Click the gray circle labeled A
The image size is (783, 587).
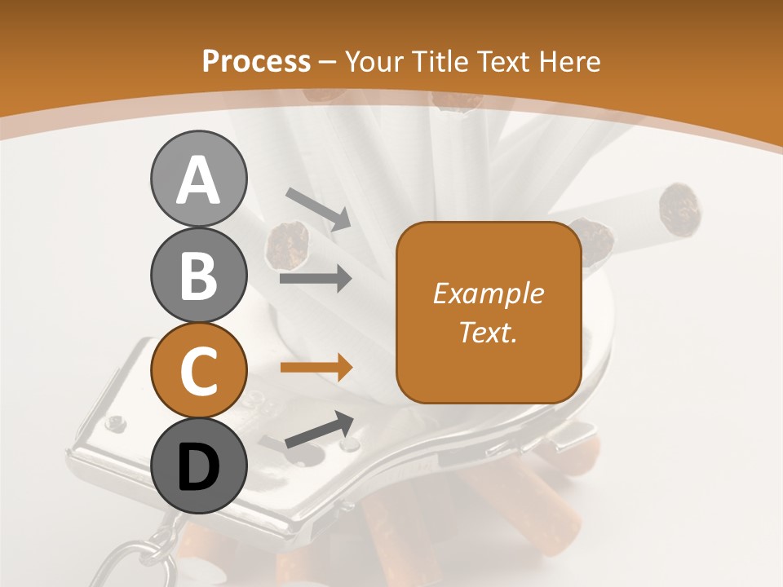[x=198, y=179]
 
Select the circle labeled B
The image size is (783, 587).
[x=198, y=275]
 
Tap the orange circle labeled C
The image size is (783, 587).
[x=198, y=371]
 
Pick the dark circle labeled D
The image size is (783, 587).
[x=198, y=466]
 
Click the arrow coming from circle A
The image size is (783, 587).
[x=318, y=209]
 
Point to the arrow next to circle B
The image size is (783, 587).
[x=316, y=279]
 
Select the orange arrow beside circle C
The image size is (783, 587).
[x=316, y=368]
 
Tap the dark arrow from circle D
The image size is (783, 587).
[x=319, y=430]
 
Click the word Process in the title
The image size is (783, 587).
[x=256, y=61]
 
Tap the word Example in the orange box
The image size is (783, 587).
[x=488, y=293]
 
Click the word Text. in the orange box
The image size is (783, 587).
[x=488, y=332]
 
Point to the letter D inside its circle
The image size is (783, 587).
[x=198, y=467]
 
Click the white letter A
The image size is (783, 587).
[x=198, y=180]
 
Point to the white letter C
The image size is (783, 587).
[x=198, y=371]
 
